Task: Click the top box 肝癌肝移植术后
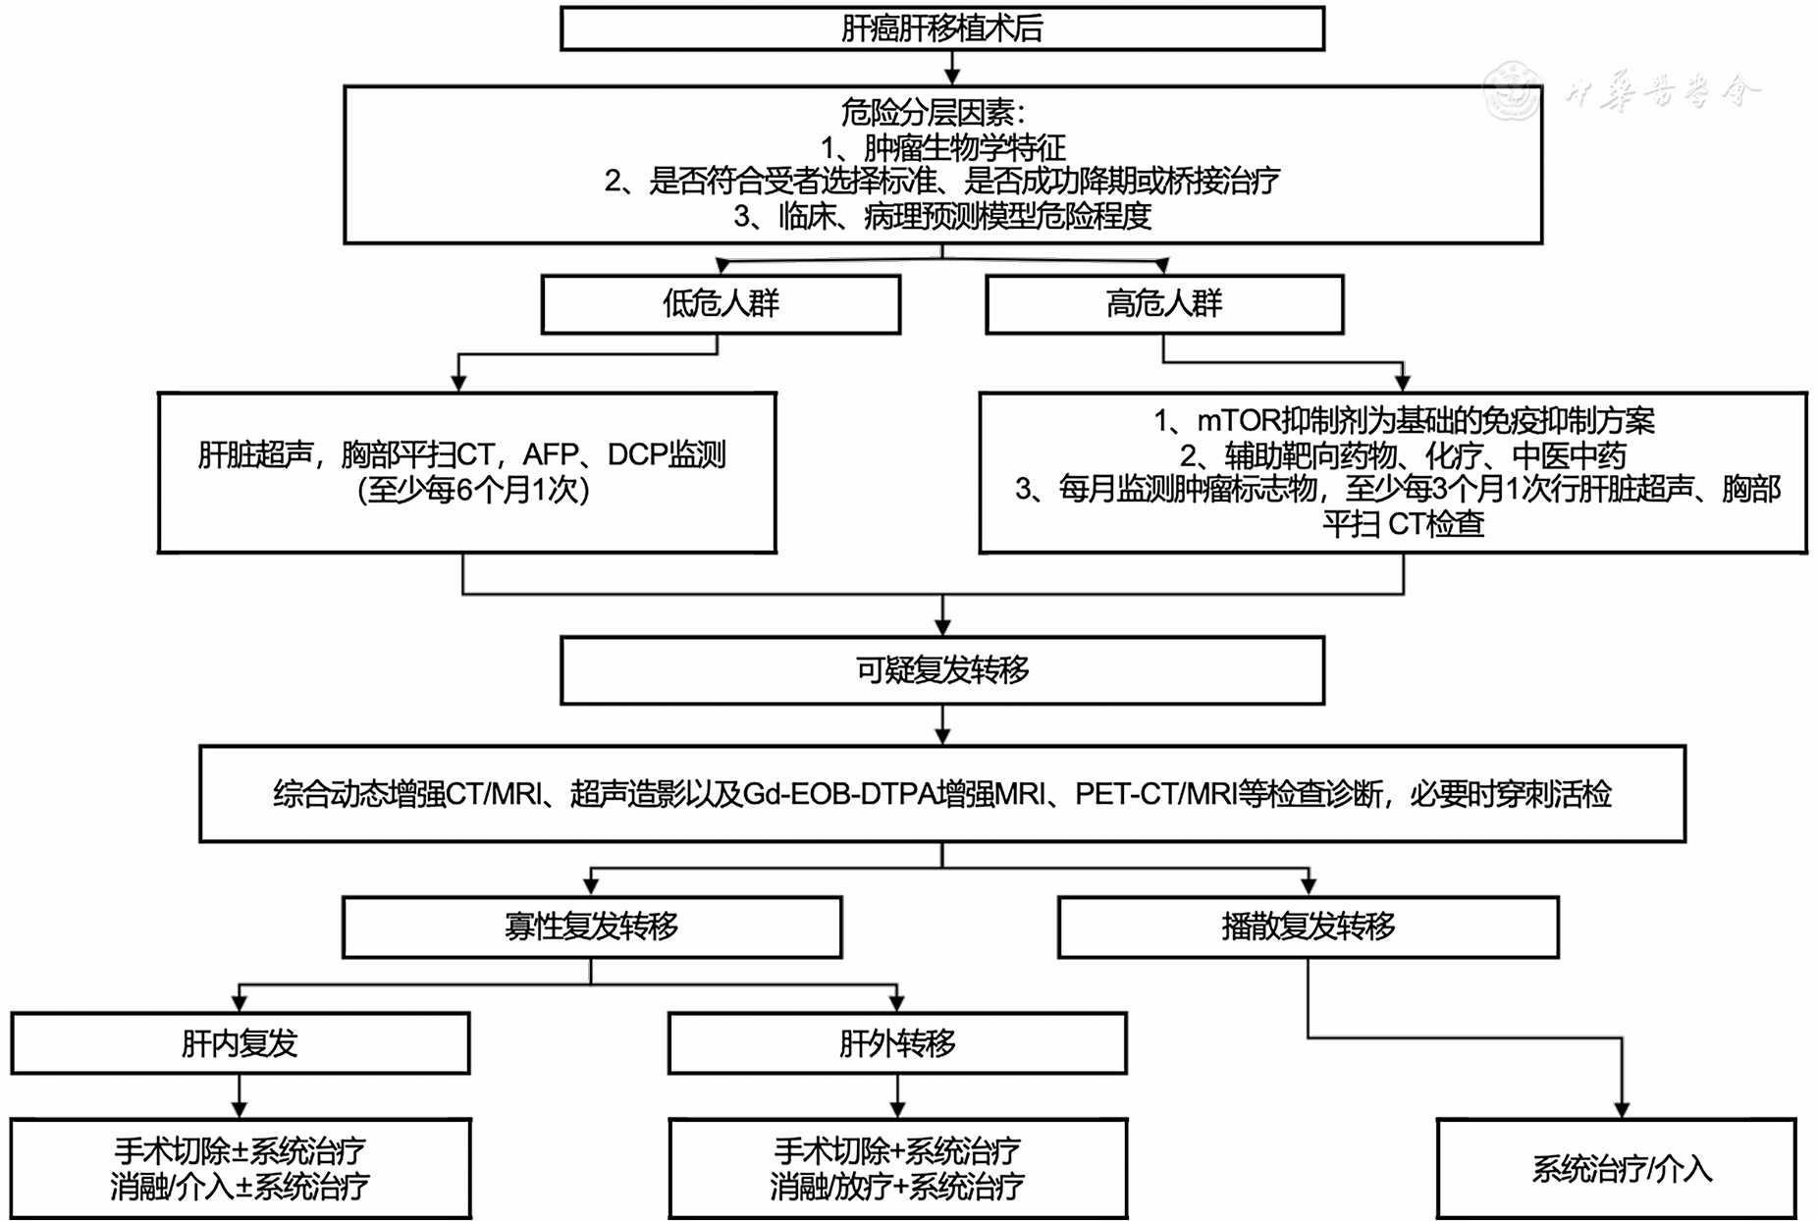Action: point(941,28)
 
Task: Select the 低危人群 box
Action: point(721,304)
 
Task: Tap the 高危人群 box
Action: point(1164,304)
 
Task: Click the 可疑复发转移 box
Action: point(941,670)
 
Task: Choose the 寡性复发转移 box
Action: point(591,927)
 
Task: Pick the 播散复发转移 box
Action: point(1308,927)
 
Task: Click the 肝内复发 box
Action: point(240,1043)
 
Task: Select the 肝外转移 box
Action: point(897,1043)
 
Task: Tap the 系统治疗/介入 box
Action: point(1622,1169)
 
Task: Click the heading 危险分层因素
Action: point(933,113)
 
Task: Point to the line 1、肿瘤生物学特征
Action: point(942,147)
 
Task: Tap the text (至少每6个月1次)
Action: point(473,490)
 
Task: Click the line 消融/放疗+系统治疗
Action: point(897,1187)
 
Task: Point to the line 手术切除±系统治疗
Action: point(240,1150)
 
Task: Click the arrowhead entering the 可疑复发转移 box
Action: point(942,628)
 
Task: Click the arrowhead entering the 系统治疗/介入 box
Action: point(1622,1109)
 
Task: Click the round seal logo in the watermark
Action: point(1512,90)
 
